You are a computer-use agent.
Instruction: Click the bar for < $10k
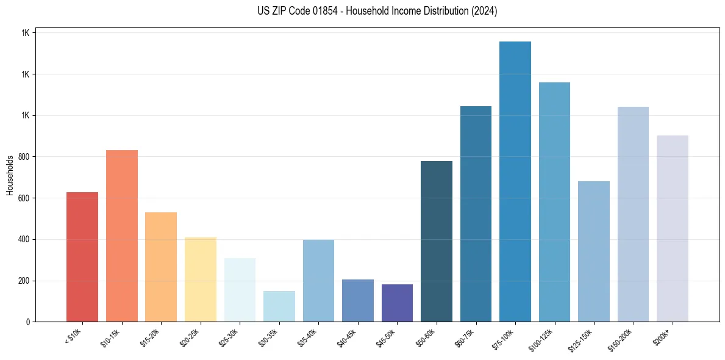pyautogui.click(x=82, y=257)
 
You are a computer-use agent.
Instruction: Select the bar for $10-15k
pyautogui.click(x=122, y=236)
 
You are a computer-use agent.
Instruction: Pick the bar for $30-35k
pyautogui.click(x=279, y=306)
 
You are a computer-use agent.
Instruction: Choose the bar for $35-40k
pyautogui.click(x=318, y=281)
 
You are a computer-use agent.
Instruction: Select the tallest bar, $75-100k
pyautogui.click(x=515, y=181)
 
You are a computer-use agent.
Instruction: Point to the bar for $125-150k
pyautogui.click(x=594, y=251)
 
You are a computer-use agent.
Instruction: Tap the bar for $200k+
pyautogui.click(x=673, y=228)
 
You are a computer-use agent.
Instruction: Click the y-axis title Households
pyautogui.click(x=10, y=175)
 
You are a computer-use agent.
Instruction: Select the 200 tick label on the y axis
pyautogui.click(x=24, y=281)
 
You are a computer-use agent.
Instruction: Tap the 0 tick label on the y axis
pyautogui.click(x=27, y=322)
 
